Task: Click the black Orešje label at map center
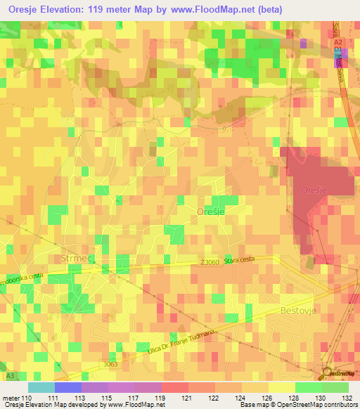pos(211,211)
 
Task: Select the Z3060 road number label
pos(209,262)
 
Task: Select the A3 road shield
pos(11,377)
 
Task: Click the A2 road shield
pos(338,41)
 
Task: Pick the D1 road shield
pos(338,51)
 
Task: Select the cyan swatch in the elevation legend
pos(41,387)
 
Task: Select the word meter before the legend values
pos(11,398)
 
